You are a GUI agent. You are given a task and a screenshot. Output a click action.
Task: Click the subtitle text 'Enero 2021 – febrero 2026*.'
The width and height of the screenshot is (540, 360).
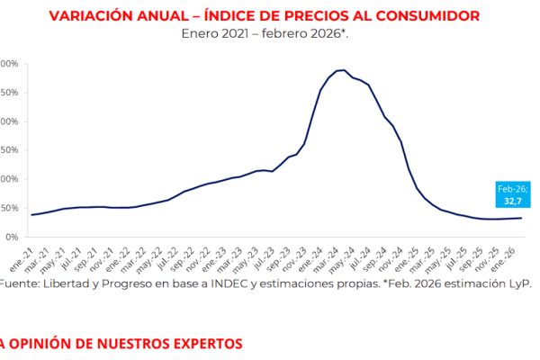point(265,34)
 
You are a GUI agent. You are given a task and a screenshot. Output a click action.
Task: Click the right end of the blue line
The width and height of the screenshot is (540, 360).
point(522,218)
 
